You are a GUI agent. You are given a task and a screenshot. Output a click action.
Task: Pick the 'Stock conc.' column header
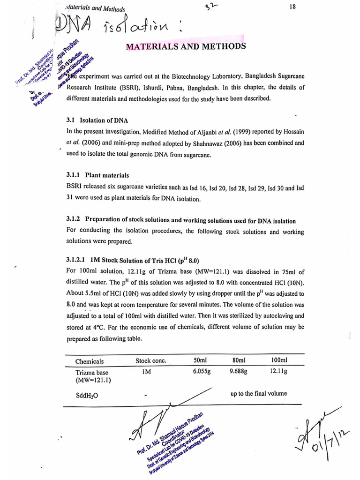coord(151,361)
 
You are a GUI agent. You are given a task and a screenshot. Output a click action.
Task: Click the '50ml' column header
coord(200,360)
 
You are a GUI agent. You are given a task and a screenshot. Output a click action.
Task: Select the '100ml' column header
coord(279,360)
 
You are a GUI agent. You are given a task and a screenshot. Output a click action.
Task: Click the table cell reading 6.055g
coord(202,371)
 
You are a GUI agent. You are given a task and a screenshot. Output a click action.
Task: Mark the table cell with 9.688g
coord(239,371)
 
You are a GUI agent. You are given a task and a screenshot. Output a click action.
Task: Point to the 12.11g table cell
coord(279,371)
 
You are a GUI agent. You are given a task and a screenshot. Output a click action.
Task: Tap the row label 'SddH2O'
coord(87,395)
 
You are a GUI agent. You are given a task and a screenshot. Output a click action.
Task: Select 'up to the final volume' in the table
coord(259,394)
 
